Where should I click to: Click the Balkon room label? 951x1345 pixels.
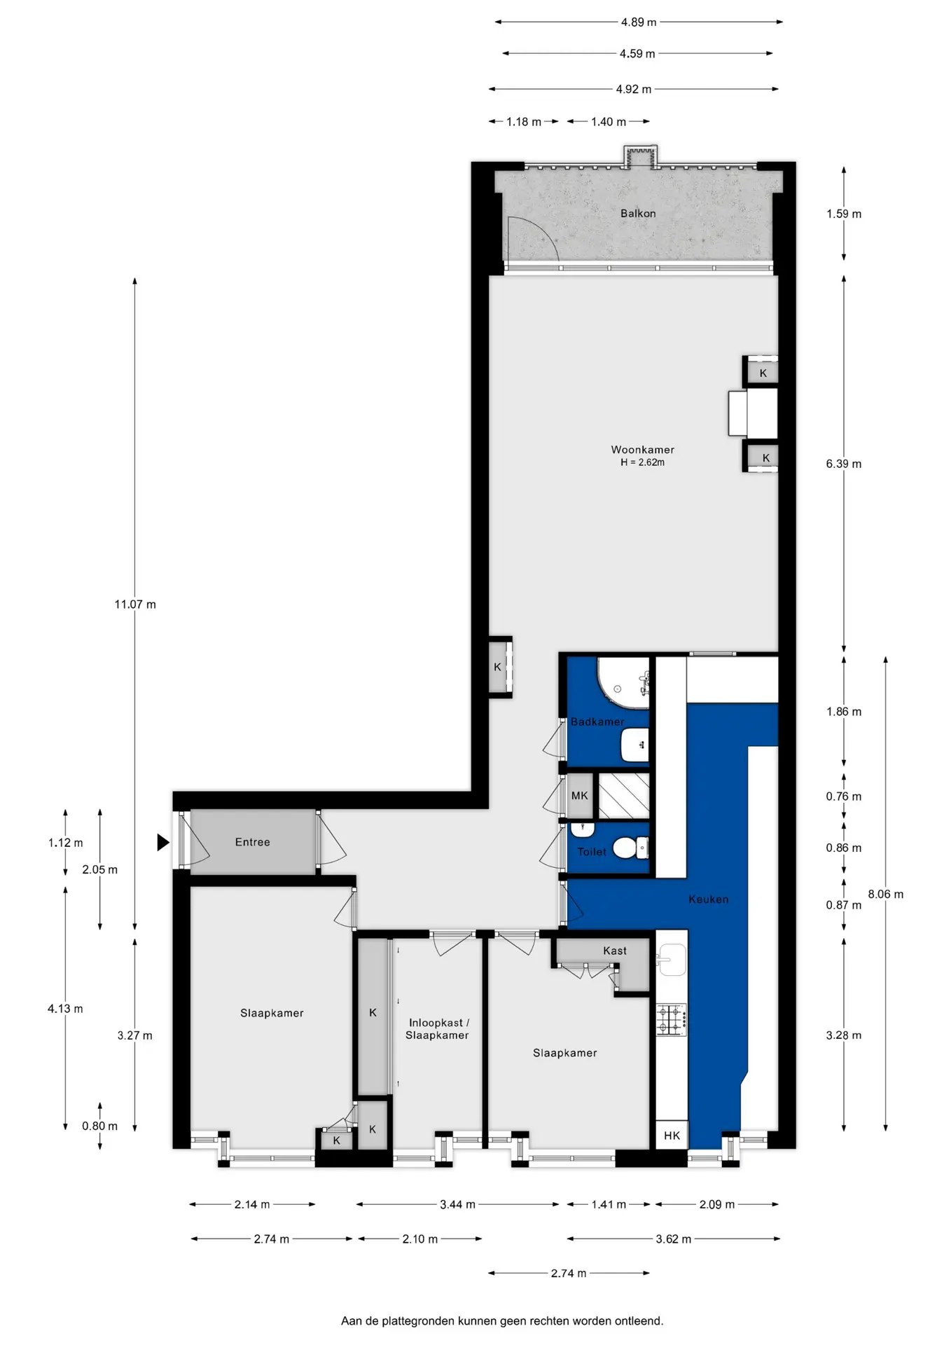click(638, 214)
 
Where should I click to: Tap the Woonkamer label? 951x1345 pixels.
click(642, 450)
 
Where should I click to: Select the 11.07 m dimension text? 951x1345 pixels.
click(135, 605)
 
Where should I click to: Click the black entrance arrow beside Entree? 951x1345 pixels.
click(162, 842)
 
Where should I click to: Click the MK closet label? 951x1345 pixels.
click(580, 796)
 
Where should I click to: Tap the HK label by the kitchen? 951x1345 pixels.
click(672, 1136)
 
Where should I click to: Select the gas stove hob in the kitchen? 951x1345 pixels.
click(671, 1020)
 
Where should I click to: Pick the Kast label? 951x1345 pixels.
click(615, 951)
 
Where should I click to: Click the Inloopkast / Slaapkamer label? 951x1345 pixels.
click(437, 1029)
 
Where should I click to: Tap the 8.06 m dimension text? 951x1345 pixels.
click(886, 895)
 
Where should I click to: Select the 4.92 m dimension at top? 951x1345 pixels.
click(634, 90)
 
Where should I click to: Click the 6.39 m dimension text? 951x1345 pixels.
click(844, 464)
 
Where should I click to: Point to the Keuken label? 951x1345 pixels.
click(708, 899)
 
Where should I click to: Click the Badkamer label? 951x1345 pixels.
click(597, 722)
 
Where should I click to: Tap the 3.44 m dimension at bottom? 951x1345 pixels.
click(457, 1205)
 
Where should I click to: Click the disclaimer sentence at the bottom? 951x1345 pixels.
click(501, 1321)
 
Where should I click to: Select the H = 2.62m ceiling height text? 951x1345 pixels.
click(642, 462)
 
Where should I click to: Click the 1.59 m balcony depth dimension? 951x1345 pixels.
click(844, 214)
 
